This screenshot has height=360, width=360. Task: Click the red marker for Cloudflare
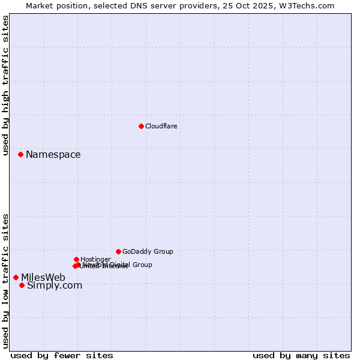click(141, 126)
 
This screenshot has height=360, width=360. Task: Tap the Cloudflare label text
click(161, 126)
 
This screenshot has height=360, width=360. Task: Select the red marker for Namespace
click(20, 154)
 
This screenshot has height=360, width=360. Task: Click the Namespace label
click(53, 155)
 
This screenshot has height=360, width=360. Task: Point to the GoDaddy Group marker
click(118, 251)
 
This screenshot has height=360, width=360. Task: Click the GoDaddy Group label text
click(148, 251)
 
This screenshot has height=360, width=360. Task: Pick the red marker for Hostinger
click(76, 259)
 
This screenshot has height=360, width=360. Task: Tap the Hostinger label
click(95, 259)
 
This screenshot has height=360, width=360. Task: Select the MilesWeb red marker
click(16, 277)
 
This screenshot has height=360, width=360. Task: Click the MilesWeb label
click(43, 277)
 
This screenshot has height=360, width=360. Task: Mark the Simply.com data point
click(22, 285)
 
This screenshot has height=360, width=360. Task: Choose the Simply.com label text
click(55, 286)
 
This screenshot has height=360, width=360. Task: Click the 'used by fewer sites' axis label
click(62, 355)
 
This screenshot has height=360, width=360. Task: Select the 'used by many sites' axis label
click(301, 355)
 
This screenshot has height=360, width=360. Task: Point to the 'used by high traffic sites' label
click(5, 85)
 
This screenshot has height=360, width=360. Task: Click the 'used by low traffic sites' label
click(5, 280)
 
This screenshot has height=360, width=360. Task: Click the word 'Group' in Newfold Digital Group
click(142, 265)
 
